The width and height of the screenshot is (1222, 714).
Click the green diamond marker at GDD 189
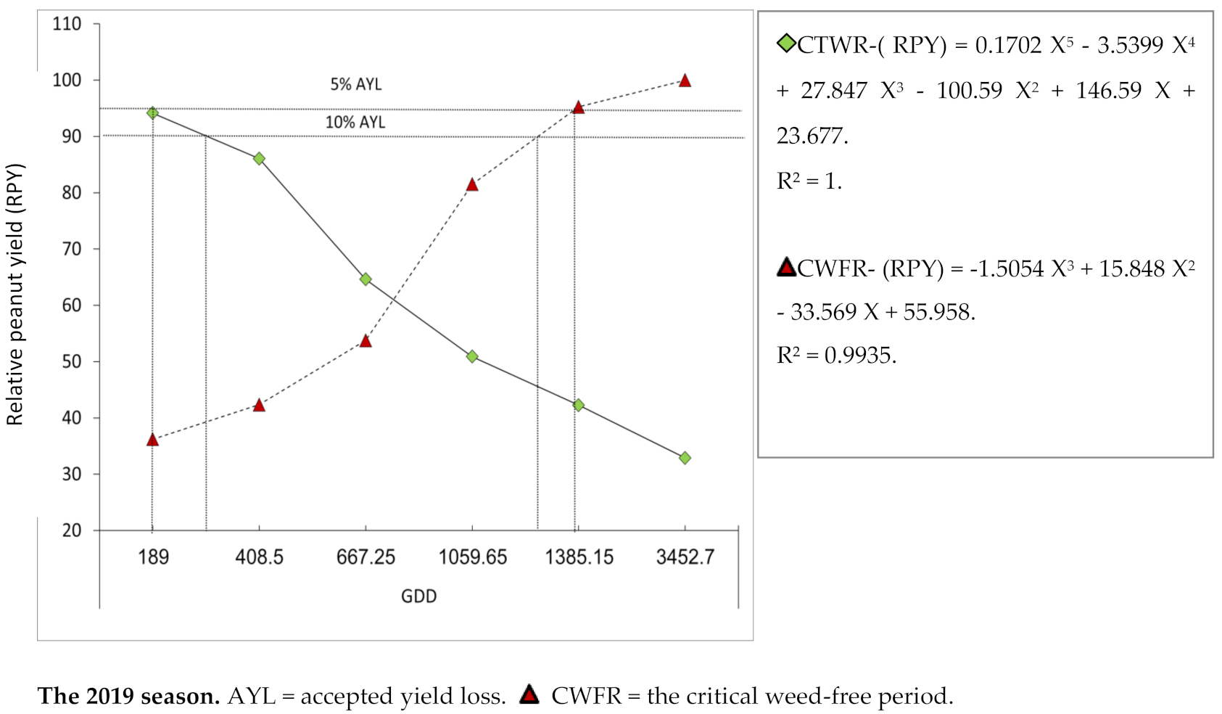152,112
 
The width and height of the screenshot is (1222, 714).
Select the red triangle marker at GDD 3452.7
685,81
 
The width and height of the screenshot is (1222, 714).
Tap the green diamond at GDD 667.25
366,279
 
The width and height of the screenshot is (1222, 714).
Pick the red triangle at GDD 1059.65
472,185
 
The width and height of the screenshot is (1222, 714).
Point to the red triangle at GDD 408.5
259,406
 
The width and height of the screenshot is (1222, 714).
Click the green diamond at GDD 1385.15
578,405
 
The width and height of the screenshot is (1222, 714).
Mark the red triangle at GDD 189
152,440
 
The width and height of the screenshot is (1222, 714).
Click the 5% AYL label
355,84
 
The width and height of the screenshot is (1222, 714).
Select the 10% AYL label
355,122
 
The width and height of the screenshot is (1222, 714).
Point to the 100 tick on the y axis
67,80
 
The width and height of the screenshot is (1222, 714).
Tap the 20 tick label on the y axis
71,530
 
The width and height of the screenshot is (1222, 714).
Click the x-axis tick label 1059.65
472,557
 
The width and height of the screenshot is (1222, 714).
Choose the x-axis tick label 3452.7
685,557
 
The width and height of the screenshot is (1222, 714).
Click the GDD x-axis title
418,596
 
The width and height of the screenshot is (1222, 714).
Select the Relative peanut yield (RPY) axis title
15,295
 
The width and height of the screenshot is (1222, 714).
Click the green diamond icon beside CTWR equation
786,44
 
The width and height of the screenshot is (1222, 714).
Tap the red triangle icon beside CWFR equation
786,268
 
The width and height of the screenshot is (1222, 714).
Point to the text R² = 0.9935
836,355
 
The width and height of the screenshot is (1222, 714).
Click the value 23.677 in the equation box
811,136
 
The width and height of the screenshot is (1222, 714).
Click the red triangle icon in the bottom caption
529,695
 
